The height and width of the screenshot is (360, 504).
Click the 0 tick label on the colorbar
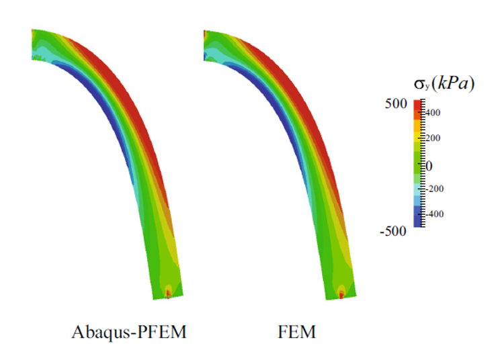(x=428, y=165)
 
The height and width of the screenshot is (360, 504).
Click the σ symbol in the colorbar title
(x=419, y=84)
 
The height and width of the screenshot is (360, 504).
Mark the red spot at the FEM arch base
(x=341, y=294)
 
